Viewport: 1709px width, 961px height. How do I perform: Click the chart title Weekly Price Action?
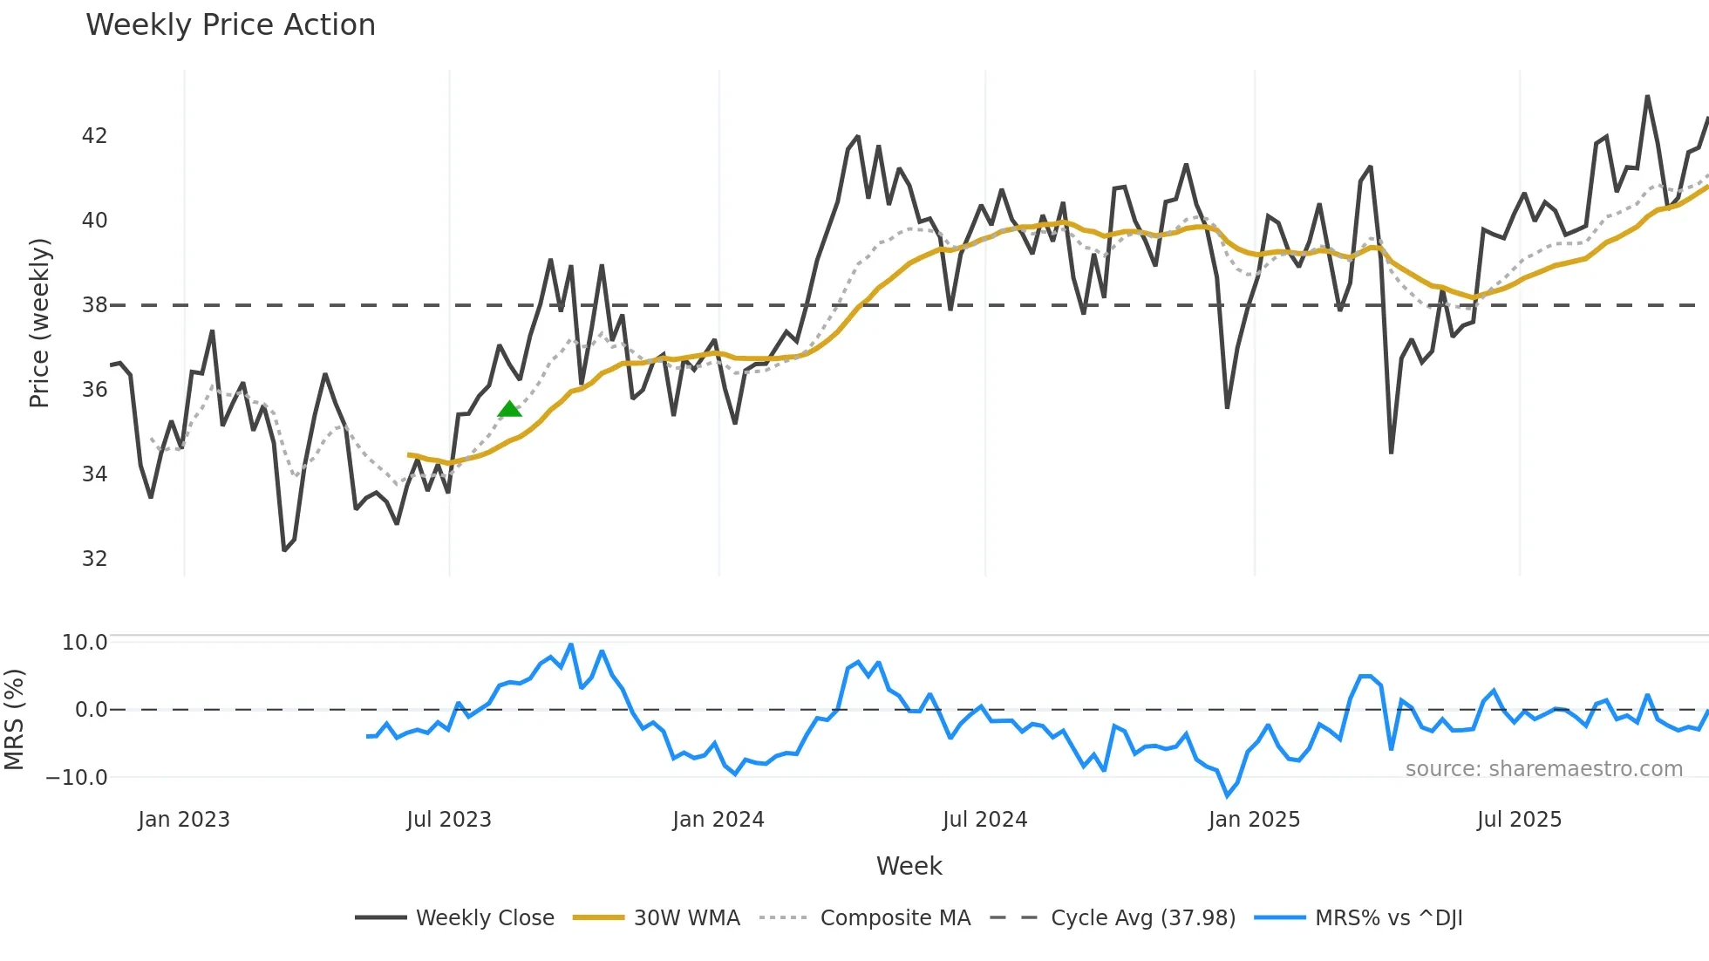point(230,25)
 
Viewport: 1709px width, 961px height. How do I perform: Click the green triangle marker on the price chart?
point(510,409)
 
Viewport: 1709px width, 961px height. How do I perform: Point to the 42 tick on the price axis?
point(94,136)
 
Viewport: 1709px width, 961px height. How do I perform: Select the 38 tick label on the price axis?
point(94,305)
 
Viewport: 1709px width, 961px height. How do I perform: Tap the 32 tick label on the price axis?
point(94,559)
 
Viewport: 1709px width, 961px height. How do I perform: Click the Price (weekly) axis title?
point(39,323)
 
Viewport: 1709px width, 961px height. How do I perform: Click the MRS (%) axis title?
point(14,719)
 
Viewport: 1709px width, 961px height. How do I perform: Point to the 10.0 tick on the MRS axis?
point(84,643)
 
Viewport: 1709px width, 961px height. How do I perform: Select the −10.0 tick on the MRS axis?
point(77,778)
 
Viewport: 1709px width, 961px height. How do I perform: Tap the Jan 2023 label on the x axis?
point(184,820)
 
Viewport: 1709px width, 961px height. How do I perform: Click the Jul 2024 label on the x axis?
point(984,820)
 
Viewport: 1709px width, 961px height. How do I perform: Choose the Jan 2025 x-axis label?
point(1254,820)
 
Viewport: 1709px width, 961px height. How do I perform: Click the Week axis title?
point(909,866)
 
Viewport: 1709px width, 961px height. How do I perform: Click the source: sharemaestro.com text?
point(1543,769)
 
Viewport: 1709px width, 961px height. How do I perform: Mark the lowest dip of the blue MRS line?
point(1228,795)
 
